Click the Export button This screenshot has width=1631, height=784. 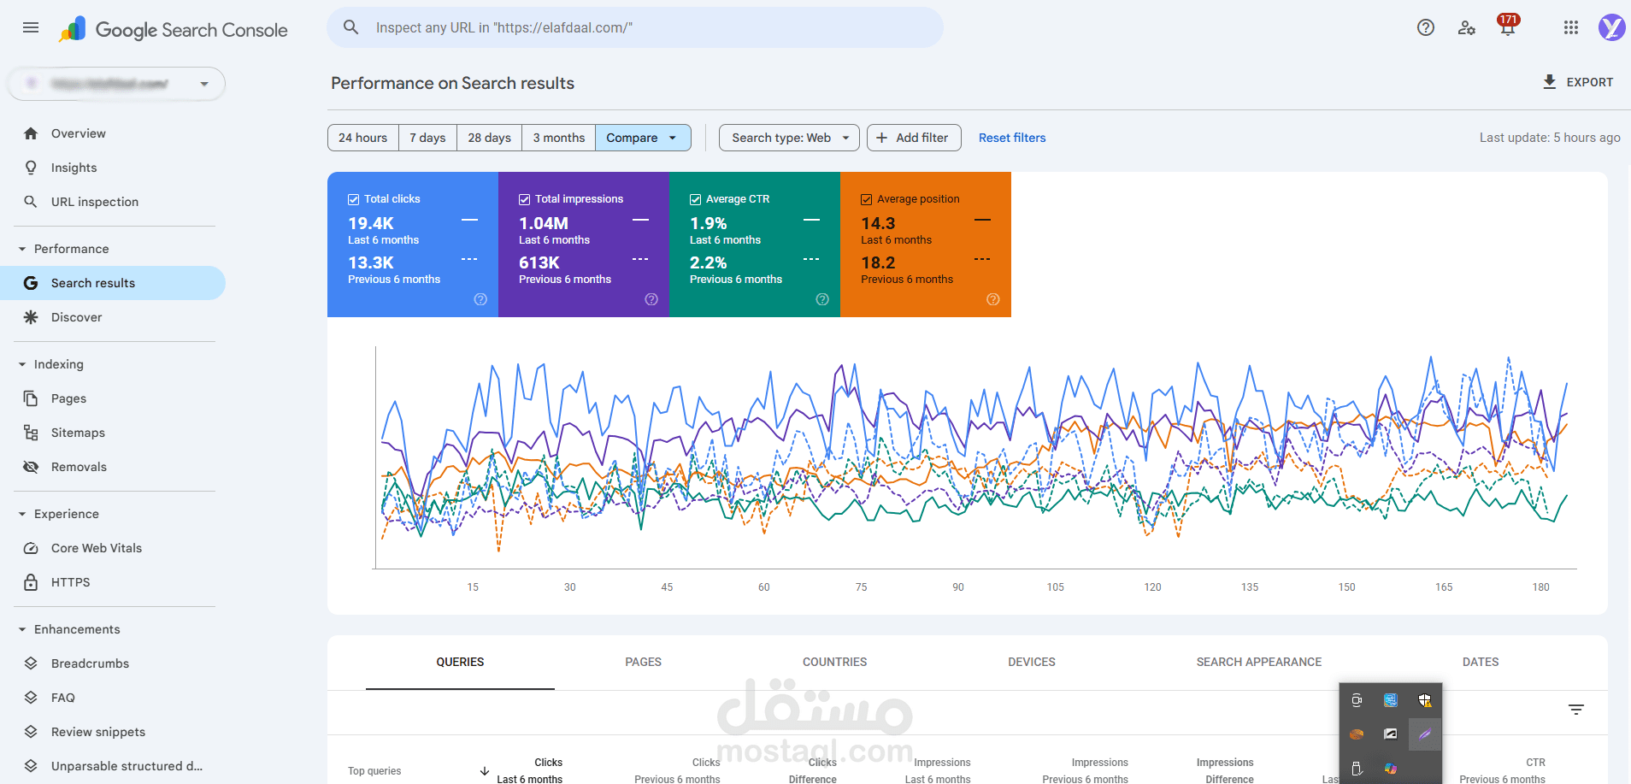[x=1578, y=82]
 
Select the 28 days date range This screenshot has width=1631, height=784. [x=489, y=138]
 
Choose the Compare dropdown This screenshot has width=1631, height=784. [x=642, y=138]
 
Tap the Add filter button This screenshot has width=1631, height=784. [x=913, y=138]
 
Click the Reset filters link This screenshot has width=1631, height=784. [x=1012, y=138]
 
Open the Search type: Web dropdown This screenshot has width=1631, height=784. [x=789, y=138]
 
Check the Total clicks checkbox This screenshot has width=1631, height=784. [x=353, y=199]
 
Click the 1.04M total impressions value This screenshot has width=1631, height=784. [x=544, y=223]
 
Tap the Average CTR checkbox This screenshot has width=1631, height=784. [x=695, y=199]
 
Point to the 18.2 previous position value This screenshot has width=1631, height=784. [x=878, y=262]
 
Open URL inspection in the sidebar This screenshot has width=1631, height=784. [x=94, y=202]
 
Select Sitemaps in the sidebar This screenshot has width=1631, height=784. [x=78, y=433]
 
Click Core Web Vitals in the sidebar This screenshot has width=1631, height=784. [x=96, y=548]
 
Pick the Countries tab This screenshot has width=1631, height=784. [x=834, y=662]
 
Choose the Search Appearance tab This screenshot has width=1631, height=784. [x=1258, y=662]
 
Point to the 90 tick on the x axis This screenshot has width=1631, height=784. [x=958, y=587]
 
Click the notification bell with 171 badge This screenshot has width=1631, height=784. [x=1507, y=27]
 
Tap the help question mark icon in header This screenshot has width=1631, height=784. [x=1425, y=27]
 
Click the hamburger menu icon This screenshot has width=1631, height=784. [x=31, y=27]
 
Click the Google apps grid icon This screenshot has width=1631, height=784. [x=1570, y=27]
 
